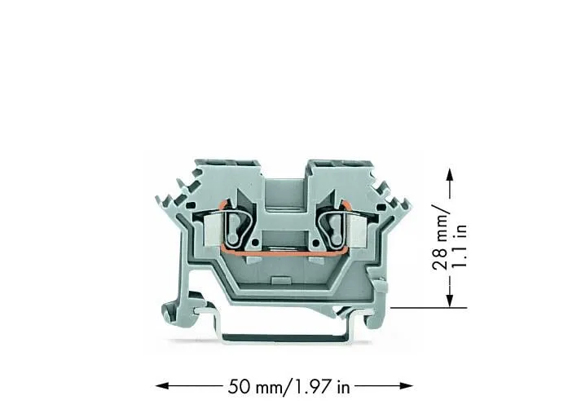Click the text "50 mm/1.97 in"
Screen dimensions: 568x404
point(288,387)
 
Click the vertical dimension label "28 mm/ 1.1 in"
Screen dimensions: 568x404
point(449,238)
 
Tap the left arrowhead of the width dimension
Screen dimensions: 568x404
point(162,385)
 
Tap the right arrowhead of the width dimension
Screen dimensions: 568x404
point(407,385)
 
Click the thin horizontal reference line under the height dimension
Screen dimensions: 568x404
point(429,308)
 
